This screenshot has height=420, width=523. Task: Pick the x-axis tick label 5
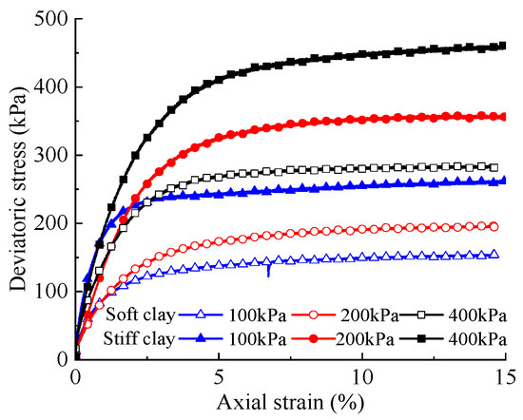[x=219, y=374]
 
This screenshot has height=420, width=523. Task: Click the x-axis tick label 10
[x=361, y=374]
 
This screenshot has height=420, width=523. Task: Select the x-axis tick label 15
[x=504, y=374]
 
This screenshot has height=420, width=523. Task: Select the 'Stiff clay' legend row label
[x=140, y=338]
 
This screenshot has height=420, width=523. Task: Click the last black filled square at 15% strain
[x=503, y=45]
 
